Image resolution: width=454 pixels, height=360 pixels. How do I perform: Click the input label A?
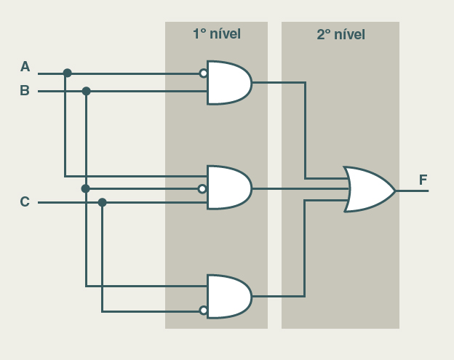(x=25, y=67)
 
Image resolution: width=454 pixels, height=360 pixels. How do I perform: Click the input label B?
(x=25, y=91)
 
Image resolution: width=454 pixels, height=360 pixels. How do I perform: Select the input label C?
(x=25, y=201)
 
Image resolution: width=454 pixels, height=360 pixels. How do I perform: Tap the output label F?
(x=423, y=180)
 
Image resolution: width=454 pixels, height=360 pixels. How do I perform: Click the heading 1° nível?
(x=216, y=34)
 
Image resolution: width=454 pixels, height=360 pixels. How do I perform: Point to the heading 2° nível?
(x=340, y=34)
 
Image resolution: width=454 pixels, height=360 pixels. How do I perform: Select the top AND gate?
(x=228, y=83)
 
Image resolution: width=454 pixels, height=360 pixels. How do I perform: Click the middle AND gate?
(x=228, y=188)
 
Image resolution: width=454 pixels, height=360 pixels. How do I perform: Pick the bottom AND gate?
(x=228, y=296)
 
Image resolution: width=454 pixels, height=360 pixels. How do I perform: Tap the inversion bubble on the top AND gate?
(x=204, y=73)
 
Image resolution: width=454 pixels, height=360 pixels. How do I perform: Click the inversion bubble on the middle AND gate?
(x=203, y=189)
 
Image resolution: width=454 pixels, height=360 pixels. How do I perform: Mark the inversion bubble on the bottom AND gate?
(x=204, y=311)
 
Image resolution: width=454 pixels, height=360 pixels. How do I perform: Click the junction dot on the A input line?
(x=68, y=73)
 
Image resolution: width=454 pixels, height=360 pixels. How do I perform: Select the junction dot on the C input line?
(x=102, y=202)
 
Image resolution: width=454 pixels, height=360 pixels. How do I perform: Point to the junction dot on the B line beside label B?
(x=86, y=91)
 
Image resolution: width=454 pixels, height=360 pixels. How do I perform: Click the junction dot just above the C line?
(x=85, y=188)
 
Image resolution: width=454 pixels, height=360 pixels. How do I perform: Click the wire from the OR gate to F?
(x=412, y=191)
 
